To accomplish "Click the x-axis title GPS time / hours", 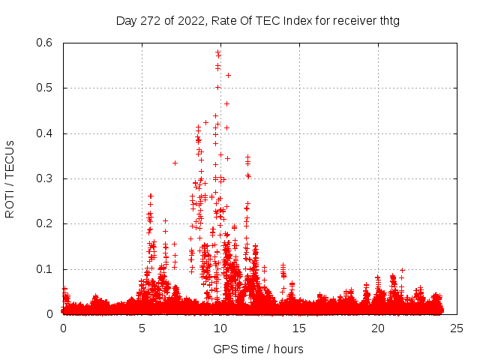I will [x=258, y=349].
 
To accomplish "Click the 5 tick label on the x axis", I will [x=142, y=328].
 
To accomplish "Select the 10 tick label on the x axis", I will [x=220, y=328].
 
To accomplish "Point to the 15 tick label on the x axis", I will [x=299, y=328].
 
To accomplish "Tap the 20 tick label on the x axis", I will [x=378, y=328].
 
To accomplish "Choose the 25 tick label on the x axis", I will [x=457, y=328].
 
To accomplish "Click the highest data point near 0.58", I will [x=217, y=52].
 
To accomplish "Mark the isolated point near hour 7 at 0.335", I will [x=175, y=163].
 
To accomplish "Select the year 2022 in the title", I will [x=190, y=20].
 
